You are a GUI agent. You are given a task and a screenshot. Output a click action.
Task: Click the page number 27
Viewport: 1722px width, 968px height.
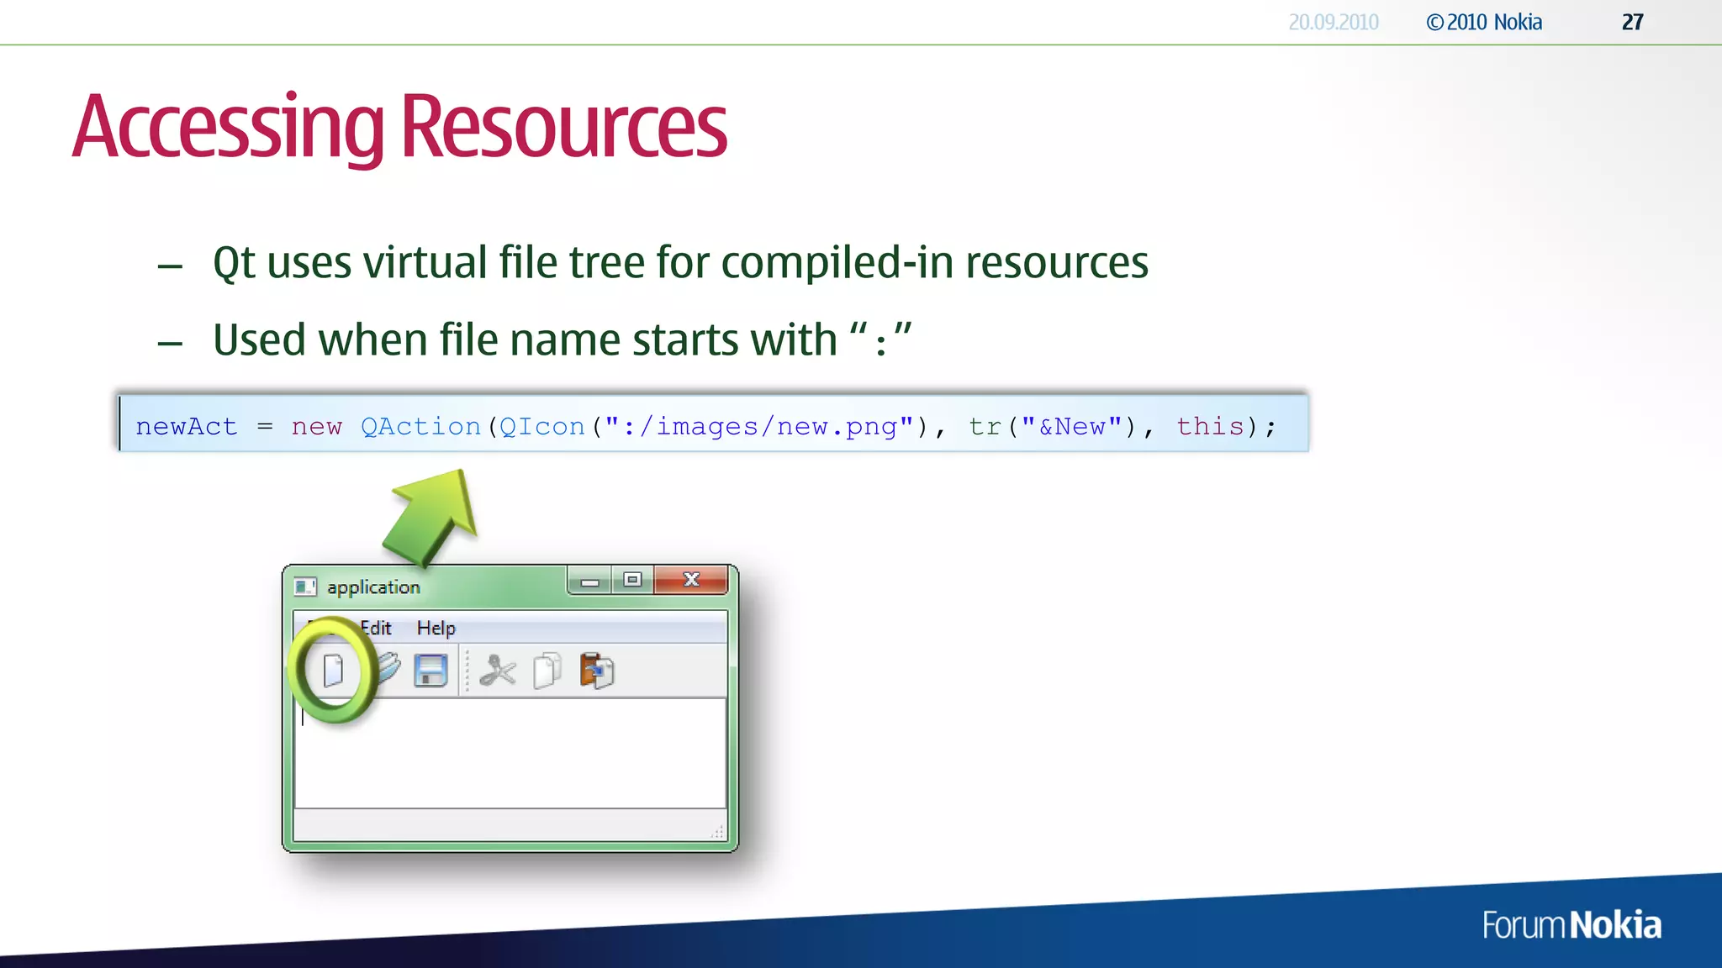[1632, 23]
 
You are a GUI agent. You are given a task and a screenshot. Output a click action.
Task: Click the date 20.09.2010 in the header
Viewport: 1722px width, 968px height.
[1334, 23]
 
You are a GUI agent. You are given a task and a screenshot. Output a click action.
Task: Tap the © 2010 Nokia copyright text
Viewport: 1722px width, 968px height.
[1484, 23]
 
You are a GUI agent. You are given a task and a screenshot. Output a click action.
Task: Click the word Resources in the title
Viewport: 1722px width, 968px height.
[563, 128]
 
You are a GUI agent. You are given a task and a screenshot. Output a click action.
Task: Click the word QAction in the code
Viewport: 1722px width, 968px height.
[420, 427]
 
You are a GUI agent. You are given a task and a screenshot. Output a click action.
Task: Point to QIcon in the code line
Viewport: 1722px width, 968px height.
[542, 427]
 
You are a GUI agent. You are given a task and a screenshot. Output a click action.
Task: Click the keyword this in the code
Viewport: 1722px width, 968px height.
[1210, 427]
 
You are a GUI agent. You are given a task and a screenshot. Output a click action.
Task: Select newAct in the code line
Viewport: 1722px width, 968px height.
[187, 427]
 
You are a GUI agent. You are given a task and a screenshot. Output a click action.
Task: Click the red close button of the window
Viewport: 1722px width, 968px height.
[691, 579]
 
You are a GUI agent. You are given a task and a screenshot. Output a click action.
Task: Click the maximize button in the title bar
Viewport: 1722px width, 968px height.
[632, 579]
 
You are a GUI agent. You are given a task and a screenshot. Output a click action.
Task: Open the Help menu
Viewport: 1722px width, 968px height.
[436, 628]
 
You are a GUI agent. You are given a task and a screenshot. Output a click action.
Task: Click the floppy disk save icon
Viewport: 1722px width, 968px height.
[430, 671]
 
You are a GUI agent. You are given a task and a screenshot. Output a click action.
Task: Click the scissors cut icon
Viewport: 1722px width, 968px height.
[498, 671]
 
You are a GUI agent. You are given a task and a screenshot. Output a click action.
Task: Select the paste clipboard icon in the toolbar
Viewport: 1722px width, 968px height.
[597, 671]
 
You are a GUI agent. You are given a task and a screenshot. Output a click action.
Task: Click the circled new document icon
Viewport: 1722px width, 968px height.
[334, 671]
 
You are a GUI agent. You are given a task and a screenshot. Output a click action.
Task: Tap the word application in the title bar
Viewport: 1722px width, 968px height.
[373, 587]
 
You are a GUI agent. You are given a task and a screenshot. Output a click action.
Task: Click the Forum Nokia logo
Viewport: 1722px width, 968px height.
[1571, 925]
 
